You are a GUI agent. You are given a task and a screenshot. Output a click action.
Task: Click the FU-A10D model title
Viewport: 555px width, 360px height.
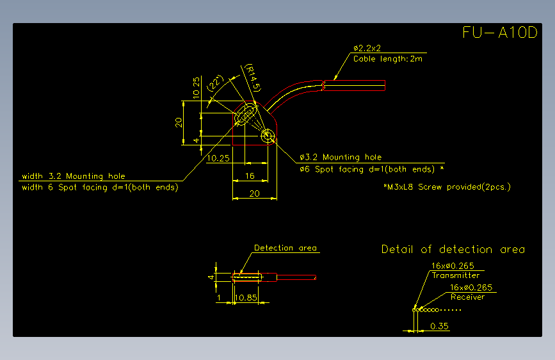pos(500,32)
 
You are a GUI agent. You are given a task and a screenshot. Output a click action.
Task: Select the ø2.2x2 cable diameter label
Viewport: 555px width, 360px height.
pos(367,48)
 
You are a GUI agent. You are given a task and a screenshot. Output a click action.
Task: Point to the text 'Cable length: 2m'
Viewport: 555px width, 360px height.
pos(388,59)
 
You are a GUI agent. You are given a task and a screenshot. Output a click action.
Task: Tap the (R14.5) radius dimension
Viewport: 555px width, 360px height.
pos(253,78)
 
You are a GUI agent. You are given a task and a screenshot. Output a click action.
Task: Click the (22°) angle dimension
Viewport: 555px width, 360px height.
pos(215,83)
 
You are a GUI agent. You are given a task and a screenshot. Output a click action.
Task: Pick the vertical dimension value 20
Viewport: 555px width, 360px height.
pos(179,122)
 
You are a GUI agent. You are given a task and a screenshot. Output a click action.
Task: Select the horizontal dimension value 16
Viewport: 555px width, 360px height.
pos(250,176)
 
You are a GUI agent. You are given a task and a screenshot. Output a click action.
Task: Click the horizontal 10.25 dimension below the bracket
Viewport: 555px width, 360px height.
pos(218,158)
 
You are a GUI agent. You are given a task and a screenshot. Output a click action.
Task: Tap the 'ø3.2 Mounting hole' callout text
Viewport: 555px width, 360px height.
pos(341,157)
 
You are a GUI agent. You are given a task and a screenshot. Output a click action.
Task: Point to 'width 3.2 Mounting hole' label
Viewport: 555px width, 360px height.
pos(74,176)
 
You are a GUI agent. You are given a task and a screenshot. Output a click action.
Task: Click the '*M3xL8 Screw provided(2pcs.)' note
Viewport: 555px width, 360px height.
pos(447,187)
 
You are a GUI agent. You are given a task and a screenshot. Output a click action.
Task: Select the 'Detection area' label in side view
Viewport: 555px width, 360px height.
pos(286,248)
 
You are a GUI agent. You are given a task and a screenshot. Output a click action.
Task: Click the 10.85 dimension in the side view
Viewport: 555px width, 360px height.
pos(246,298)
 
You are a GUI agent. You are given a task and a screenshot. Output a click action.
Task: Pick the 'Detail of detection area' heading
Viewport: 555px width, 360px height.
pos(453,249)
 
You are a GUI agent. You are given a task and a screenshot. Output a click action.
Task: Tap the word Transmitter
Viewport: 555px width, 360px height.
pos(456,275)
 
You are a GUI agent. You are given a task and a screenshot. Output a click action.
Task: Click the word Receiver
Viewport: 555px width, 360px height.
pos(467,297)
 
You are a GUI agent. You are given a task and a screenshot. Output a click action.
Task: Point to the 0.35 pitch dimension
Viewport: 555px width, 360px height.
pos(439,326)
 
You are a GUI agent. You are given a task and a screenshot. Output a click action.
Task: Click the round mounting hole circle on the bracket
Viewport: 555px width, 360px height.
pos(268,136)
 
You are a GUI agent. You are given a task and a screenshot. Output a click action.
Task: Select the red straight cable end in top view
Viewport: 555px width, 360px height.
pos(354,85)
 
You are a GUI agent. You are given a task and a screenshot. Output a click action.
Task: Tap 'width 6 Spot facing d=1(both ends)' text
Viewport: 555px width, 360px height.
pos(100,187)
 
